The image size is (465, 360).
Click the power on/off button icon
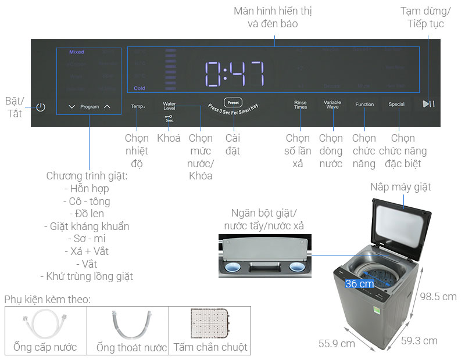click(x=40, y=107)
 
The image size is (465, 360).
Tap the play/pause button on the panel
click(x=428, y=104)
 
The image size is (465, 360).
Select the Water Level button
click(x=169, y=106)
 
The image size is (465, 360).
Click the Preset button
click(x=232, y=101)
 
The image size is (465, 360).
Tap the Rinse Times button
click(x=301, y=105)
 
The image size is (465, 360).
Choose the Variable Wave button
click(x=332, y=105)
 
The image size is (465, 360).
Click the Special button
click(x=396, y=105)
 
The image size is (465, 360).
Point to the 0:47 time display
click(x=235, y=74)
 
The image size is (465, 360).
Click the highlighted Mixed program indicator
click(x=76, y=52)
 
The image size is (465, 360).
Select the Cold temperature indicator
click(x=139, y=88)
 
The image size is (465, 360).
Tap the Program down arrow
click(x=71, y=107)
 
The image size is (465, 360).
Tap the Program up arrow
click(x=107, y=107)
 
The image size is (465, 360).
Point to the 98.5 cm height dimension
click(x=438, y=297)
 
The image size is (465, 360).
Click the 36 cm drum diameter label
click(x=359, y=284)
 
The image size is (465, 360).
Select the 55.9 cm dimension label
click(x=337, y=343)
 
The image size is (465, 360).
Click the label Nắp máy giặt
click(x=400, y=187)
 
